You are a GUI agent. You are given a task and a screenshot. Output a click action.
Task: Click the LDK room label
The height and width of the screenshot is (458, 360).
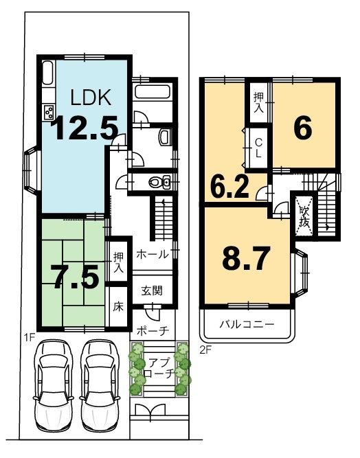click(91, 98)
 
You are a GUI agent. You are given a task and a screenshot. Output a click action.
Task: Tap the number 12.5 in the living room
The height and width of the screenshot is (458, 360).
click(85, 128)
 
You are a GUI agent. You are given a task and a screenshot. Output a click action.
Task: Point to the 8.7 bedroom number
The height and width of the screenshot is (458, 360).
click(245, 258)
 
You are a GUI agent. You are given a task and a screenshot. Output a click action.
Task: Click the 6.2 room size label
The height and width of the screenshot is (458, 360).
click(229, 187)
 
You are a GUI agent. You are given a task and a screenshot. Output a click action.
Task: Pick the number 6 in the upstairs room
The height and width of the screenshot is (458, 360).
click(303, 128)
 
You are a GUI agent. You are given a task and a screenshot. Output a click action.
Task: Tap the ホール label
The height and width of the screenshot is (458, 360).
click(153, 254)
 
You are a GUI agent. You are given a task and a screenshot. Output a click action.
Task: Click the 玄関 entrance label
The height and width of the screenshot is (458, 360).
click(152, 290)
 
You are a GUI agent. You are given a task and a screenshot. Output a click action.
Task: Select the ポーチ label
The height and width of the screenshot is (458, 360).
click(153, 331)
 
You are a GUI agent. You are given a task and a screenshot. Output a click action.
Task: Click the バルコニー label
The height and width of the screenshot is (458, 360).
click(247, 324)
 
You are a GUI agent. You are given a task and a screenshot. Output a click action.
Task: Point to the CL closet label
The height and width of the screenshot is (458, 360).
click(258, 148)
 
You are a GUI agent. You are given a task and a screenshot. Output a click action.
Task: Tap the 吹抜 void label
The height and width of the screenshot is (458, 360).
click(304, 216)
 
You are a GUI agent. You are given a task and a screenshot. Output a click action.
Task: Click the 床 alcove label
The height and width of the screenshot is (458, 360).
click(118, 307)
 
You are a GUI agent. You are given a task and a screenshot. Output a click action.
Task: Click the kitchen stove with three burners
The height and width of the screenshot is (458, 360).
click(49, 113)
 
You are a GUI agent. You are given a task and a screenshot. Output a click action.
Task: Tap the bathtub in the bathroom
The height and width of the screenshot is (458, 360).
click(152, 92)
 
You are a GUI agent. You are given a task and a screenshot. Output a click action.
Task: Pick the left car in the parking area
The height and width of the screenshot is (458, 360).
click(53, 384)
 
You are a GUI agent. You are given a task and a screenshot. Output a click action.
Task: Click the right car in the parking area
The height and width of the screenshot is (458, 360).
click(100, 384)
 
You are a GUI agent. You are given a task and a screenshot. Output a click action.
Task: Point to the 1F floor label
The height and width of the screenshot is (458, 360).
click(30, 338)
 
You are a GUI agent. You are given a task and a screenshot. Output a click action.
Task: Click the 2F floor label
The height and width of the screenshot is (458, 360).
click(205, 350)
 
